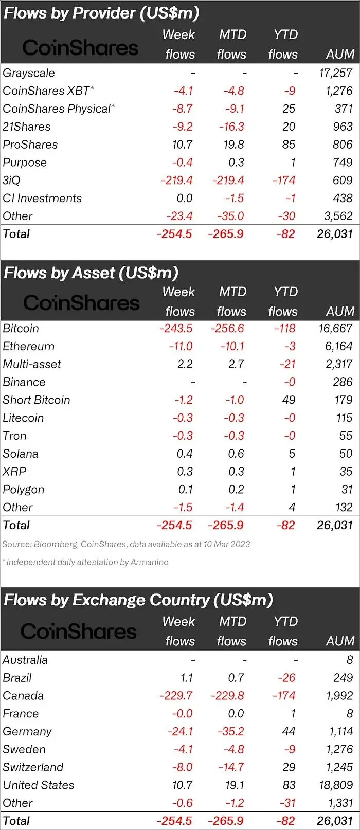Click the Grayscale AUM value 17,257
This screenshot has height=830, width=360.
point(335,73)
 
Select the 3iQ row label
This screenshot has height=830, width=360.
point(12,181)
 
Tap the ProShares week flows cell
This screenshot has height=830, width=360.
point(182,145)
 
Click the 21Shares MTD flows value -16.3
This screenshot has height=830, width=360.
point(230,127)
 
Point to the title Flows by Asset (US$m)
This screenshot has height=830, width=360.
point(91,273)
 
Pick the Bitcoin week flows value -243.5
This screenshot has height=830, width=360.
point(176,328)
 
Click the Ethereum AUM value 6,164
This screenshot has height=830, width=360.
point(338,346)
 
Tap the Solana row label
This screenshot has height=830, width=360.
point(21,454)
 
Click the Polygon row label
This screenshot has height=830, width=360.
point(24,490)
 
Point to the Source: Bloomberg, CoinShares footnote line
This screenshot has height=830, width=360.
point(126,544)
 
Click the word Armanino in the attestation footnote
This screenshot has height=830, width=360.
point(149,562)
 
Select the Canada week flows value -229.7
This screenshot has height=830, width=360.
point(176,696)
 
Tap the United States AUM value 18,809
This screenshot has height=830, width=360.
point(335,785)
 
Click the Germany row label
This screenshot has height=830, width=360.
point(27,732)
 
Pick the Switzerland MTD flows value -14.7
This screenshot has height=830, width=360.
point(230,767)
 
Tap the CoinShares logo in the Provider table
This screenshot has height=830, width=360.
point(80,48)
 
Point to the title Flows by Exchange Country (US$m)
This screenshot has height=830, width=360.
point(138,600)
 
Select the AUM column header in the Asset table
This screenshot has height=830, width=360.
point(340,312)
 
